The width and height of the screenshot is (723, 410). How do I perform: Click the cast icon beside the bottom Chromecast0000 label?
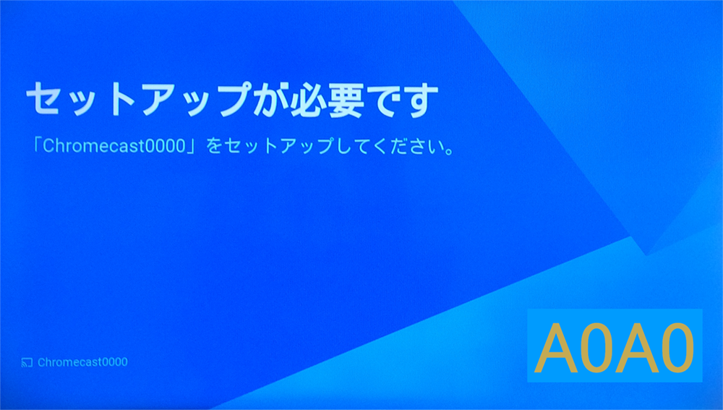tap(27, 362)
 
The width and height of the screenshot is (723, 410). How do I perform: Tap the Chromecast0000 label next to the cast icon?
tap(82, 362)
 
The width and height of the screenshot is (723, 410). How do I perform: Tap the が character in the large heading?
tap(270, 100)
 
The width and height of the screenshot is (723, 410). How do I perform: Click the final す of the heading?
tap(419, 101)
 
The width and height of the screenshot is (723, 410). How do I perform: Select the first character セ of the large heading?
tap(44, 100)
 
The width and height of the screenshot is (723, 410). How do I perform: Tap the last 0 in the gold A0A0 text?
tap(677, 349)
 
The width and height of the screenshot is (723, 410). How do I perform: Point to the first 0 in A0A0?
tap(596, 349)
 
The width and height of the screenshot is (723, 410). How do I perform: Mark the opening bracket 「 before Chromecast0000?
tap(38, 145)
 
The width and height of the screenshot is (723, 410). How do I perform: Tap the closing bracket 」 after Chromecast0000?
tap(193, 148)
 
